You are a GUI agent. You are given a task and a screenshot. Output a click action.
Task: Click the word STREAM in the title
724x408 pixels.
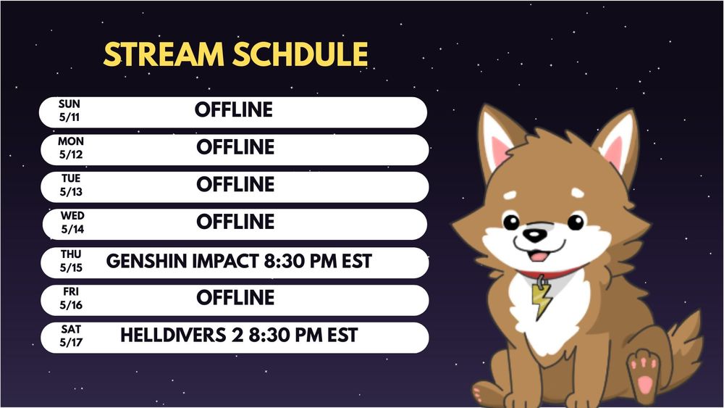[164, 54]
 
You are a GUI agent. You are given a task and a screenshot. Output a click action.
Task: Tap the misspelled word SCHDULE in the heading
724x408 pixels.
[300, 54]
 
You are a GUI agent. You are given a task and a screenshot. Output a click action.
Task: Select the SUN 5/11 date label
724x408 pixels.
[70, 110]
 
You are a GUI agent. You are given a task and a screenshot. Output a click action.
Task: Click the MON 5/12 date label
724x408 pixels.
[71, 148]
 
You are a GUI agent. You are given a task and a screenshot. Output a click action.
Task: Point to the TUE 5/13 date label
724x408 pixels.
[71, 185]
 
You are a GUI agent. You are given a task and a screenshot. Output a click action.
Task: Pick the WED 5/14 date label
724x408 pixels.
[72, 222]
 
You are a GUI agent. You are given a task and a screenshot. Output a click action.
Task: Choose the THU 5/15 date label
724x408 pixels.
[71, 261]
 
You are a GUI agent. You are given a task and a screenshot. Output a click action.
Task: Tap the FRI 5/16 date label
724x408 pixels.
[71, 298]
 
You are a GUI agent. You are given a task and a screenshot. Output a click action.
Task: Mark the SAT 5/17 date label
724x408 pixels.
[71, 336]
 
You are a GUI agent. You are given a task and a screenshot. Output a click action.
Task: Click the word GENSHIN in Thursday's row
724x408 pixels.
[147, 261]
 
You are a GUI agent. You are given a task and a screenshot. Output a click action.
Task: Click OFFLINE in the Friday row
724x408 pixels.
[235, 298]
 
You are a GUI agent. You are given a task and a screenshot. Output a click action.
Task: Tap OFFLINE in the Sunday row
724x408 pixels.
[234, 110]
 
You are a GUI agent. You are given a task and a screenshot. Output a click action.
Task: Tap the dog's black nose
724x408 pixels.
[534, 235]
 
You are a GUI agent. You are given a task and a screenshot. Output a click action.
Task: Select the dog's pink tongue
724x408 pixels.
[538, 256]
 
